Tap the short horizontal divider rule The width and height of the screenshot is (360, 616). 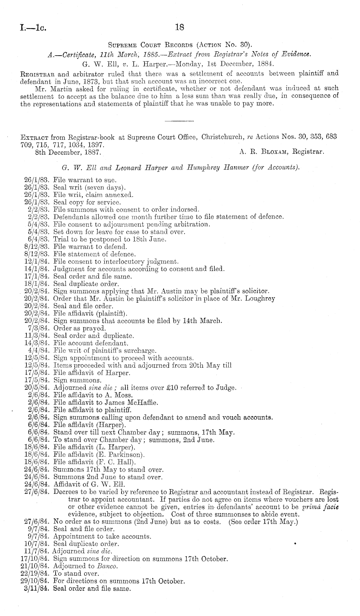click(x=179, y=121)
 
